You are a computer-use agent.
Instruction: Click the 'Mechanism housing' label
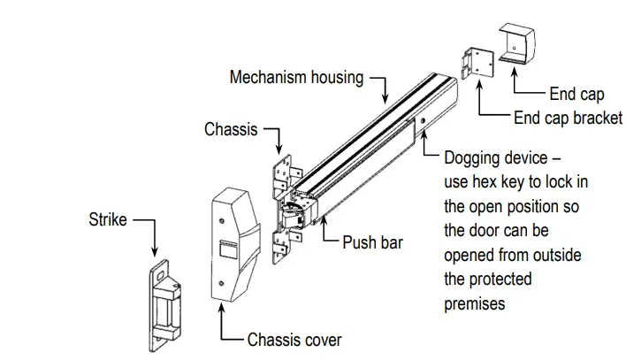click(x=295, y=78)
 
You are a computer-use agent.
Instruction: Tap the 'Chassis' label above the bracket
click(x=231, y=130)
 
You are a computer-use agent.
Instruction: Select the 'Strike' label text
click(x=107, y=218)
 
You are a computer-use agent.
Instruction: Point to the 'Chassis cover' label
click(x=294, y=339)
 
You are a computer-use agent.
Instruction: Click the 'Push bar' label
click(x=372, y=241)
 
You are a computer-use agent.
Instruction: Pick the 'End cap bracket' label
click(x=568, y=119)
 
